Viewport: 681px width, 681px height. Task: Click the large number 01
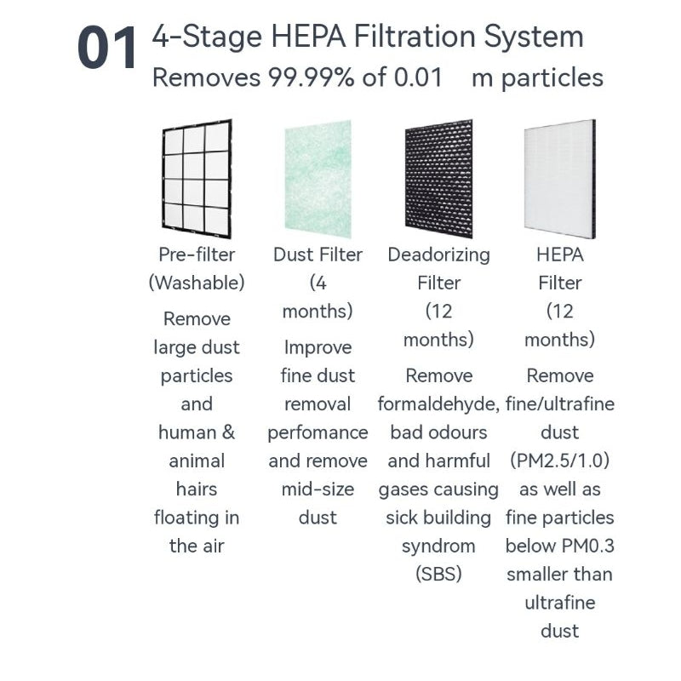pyautogui.click(x=107, y=48)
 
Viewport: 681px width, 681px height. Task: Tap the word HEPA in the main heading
pyautogui.click(x=308, y=36)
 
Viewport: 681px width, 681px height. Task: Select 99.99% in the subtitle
pyautogui.click(x=311, y=77)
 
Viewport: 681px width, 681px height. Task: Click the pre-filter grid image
pyautogui.click(x=197, y=179)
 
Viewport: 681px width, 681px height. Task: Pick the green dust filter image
pyautogui.click(x=318, y=179)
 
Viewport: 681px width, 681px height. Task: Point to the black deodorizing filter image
pyautogui.click(x=438, y=179)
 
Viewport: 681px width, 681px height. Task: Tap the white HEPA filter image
pyautogui.click(x=560, y=179)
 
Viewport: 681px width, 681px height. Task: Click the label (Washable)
pyautogui.click(x=197, y=283)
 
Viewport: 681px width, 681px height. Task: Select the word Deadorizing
pyautogui.click(x=438, y=255)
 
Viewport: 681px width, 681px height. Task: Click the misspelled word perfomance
pyautogui.click(x=318, y=433)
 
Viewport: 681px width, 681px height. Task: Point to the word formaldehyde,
pyautogui.click(x=438, y=404)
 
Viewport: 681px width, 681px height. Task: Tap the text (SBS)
pyautogui.click(x=438, y=574)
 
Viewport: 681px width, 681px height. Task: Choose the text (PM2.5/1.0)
pyautogui.click(x=560, y=461)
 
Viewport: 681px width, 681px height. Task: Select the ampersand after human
pyautogui.click(x=228, y=432)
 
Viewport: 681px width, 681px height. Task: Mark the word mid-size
pyautogui.click(x=318, y=489)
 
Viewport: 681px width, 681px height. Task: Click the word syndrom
pyautogui.click(x=438, y=547)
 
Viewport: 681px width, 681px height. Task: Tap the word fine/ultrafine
pyautogui.click(x=560, y=404)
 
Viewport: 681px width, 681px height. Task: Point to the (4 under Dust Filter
pyautogui.click(x=318, y=283)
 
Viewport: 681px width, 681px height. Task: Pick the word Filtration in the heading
pyautogui.click(x=415, y=36)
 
